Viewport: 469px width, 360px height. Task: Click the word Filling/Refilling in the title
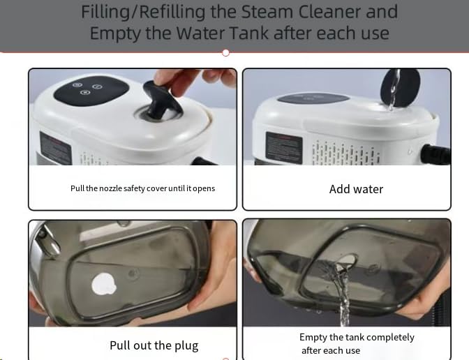tap(143, 12)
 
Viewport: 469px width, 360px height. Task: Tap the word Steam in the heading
tap(267, 11)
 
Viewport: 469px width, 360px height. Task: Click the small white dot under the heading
tap(226, 53)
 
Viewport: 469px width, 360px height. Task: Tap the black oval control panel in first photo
tap(91, 90)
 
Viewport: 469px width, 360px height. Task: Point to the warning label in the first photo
tap(56, 149)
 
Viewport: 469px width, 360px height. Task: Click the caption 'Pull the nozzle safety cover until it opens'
tap(142, 188)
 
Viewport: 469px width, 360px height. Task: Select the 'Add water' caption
tap(356, 189)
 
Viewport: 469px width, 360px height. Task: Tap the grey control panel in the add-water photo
tap(313, 98)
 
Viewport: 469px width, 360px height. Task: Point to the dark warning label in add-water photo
tap(283, 148)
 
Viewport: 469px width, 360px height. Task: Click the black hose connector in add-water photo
tap(435, 154)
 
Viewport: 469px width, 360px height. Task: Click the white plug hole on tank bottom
tap(103, 285)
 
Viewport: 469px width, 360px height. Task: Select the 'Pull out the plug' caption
tap(154, 345)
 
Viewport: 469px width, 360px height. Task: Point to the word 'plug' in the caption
tap(186, 346)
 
